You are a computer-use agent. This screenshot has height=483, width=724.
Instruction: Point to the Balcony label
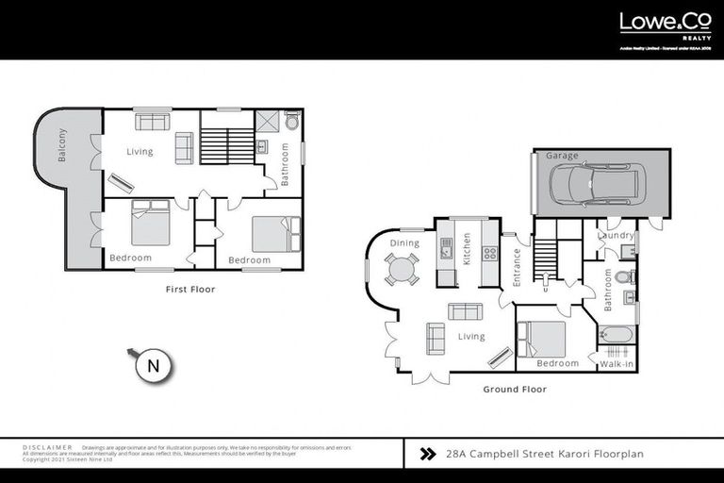tap(63, 145)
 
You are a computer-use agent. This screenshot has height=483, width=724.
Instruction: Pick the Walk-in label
tap(616, 363)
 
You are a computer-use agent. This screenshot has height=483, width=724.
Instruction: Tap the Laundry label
tap(616, 235)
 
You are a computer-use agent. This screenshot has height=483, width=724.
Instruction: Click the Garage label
tap(562, 156)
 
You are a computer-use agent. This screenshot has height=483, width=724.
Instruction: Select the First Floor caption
tap(189, 290)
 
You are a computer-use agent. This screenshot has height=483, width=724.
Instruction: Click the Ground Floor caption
tap(515, 389)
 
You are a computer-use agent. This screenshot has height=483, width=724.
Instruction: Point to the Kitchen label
tap(467, 249)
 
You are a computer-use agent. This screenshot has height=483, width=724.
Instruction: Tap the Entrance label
tap(516, 267)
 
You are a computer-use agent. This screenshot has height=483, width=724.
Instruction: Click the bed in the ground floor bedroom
tap(541, 338)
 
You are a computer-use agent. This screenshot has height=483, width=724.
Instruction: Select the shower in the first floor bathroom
tap(267, 122)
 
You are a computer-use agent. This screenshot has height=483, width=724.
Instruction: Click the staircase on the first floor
tap(227, 147)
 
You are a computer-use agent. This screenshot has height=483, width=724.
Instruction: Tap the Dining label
tap(404, 243)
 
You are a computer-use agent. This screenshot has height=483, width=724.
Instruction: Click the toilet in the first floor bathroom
tap(292, 123)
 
